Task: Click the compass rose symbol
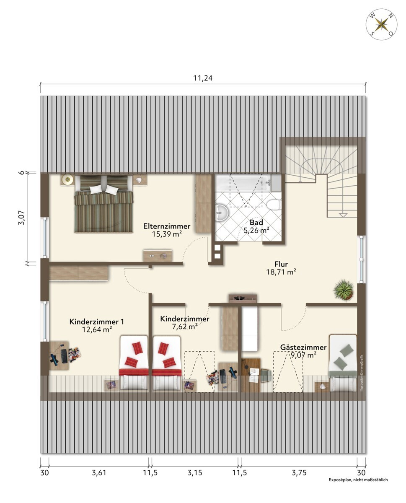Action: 381,25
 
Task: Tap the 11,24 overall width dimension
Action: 203,78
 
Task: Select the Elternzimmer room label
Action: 167,226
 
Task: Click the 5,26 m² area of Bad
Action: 256,230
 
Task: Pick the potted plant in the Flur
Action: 344,290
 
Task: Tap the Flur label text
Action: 281,264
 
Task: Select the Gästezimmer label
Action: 303,347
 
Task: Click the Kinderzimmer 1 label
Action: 96,322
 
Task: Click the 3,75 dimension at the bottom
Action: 299,472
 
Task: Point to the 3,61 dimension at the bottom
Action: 99,472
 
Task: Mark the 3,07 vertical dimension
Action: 21,218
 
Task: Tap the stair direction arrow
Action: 343,215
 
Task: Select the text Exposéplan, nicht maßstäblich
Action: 358,480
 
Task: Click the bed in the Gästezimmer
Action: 342,363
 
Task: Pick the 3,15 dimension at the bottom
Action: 195,472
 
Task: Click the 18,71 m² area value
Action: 281,272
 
